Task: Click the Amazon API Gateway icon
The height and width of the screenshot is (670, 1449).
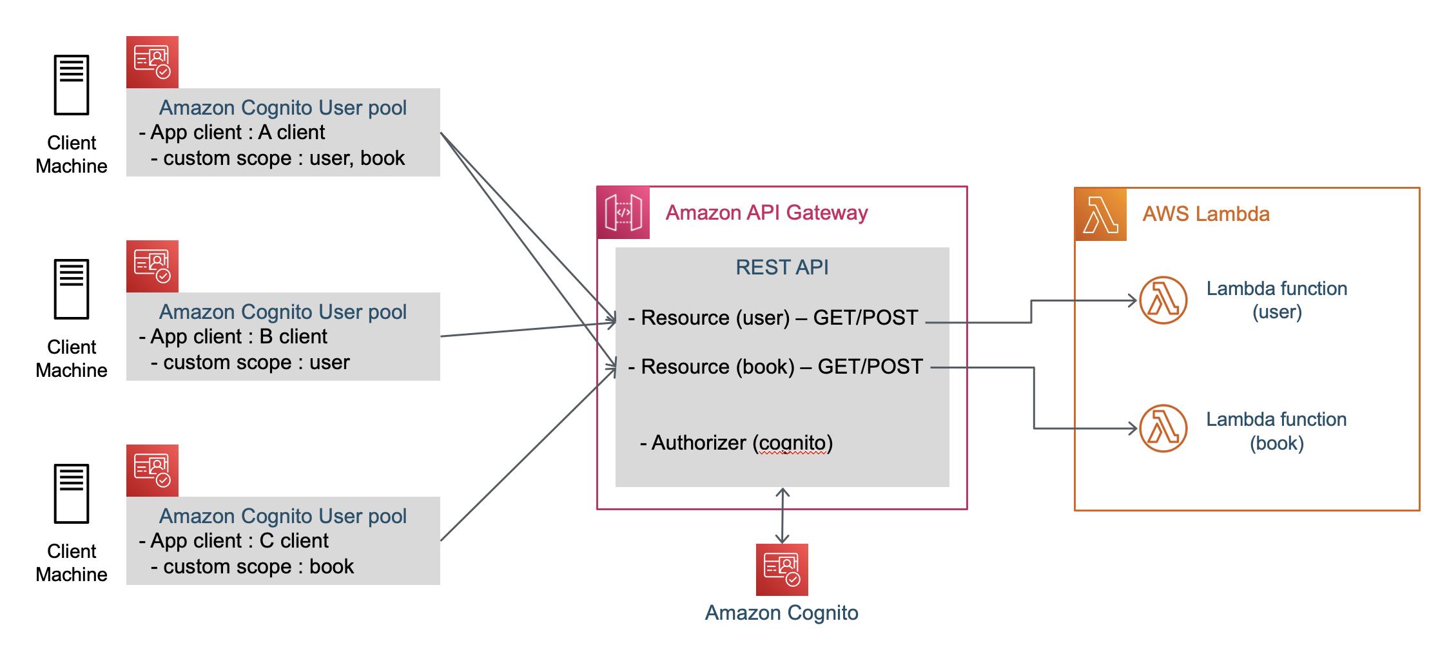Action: pyautogui.click(x=623, y=213)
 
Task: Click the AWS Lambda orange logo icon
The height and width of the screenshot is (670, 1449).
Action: pyautogui.click(x=1101, y=215)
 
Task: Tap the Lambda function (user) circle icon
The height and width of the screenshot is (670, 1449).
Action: pyautogui.click(x=1163, y=300)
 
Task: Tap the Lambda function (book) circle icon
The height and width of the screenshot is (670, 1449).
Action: pyautogui.click(x=1163, y=428)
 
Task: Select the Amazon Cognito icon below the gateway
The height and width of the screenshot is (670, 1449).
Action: pyautogui.click(x=782, y=569)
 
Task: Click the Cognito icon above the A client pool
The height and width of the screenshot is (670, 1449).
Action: pyautogui.click(x=153, y=62)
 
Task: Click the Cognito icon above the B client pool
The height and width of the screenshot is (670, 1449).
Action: pyautogui.click(x=153, y=266)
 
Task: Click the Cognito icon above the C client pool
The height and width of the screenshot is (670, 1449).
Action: pyautogui.click(x=153, y=470)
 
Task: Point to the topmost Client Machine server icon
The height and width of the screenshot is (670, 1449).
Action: pyautogui.click(x=72, y=85)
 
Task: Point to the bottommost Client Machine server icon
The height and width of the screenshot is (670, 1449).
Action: pyautogui.click(x=72, y=493)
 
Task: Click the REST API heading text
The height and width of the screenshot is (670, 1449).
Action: pyautogui.click(x=782, y=267)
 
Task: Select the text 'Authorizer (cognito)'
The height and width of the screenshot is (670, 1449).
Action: pyautogui.click(x=741, y=443)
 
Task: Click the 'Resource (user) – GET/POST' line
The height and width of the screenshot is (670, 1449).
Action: pyautogui.click(x=779, y=318)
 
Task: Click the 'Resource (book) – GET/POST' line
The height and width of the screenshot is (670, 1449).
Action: pyautogui.click(x=781, y=367)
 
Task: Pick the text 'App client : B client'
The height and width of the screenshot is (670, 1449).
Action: pyautogui.click(x=238, y=337)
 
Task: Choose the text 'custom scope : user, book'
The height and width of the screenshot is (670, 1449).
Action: pyautogui.click(x=284, y=158)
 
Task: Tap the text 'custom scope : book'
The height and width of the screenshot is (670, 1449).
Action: pyautogui.click(x=258, y=567)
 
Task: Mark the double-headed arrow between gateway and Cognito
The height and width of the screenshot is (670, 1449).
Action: pyautogui.click(x=783, y=515)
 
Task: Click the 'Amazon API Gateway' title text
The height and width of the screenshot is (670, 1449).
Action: pyautogui.click(x=766, y=213)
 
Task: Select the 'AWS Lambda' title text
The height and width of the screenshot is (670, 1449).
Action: pyautogui.click(x=1206, y=214)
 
